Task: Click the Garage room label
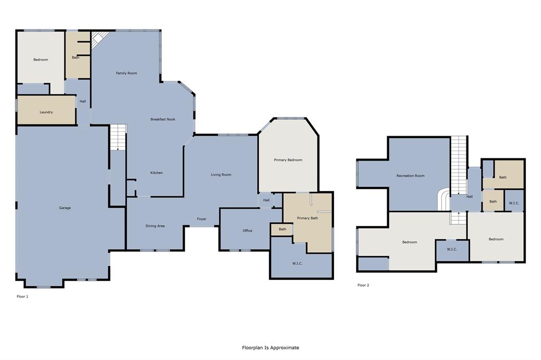[65, 208]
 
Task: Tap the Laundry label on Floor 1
[46, 112]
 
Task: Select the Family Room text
[126, 73]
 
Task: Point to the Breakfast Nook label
[163, 119]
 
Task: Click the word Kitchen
[156, 173]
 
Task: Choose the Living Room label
[221, 175]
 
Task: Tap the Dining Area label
[155, 226]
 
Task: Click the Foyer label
[202, 219]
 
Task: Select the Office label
[247, 231]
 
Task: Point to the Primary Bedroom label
[288, 160]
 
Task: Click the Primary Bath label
[307, 218]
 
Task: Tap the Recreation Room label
[411, 176]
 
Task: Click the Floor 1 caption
[23, 297]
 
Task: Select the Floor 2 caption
[363, 285]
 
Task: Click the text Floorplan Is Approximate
[270, 348]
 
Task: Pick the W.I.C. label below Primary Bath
[297, 263]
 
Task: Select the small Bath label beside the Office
[283, 229]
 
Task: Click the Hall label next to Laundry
[83, 101]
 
